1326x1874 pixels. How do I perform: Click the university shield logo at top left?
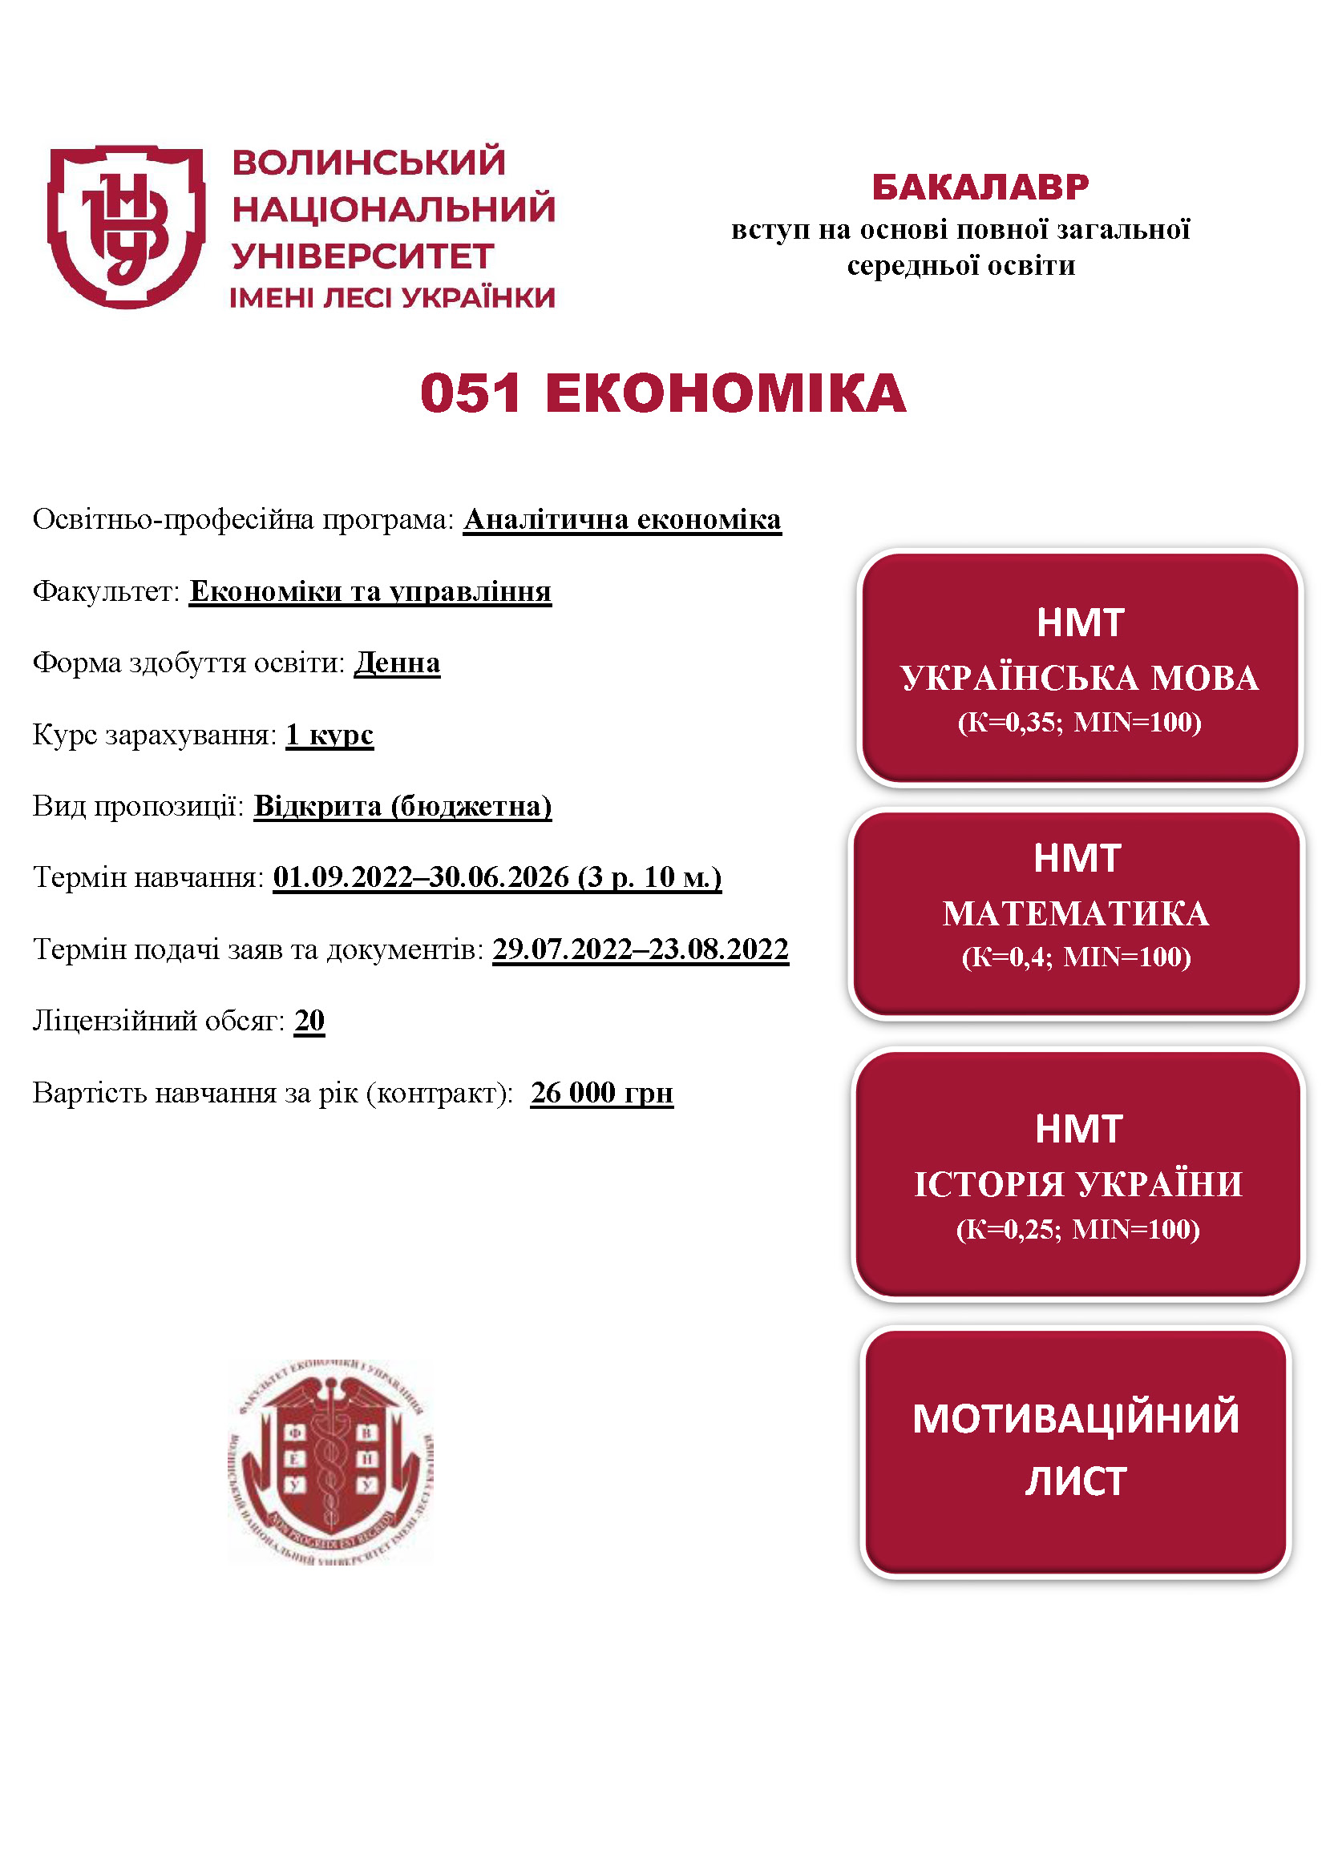[126, 227]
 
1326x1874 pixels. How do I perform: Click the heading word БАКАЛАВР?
[980, 187]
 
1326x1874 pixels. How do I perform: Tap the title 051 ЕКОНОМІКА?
[662, 393]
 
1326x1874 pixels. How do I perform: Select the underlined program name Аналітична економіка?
[622, 520]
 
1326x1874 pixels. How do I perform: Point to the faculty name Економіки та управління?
[370, 591]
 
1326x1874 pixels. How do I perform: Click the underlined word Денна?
[397, 663]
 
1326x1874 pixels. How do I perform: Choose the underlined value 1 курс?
[329, 735]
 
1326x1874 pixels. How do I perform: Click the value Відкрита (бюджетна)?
[402, 807]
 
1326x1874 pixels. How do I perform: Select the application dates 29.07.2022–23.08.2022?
[640, 949]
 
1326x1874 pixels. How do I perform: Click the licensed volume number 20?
[309, 1020]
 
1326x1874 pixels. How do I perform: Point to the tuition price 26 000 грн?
[602, 1092]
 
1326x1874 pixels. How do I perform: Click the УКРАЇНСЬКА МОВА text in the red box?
[1079, 679]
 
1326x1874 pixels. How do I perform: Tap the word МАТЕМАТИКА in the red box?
[1076, 913]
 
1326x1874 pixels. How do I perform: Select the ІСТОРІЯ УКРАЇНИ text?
[1077, 1184]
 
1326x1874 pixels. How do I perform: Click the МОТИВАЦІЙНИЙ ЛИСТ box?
[1075, 1449]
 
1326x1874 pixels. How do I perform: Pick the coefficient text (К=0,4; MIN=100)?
[1076, 957]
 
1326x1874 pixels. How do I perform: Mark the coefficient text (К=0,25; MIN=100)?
[1077, 1228]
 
